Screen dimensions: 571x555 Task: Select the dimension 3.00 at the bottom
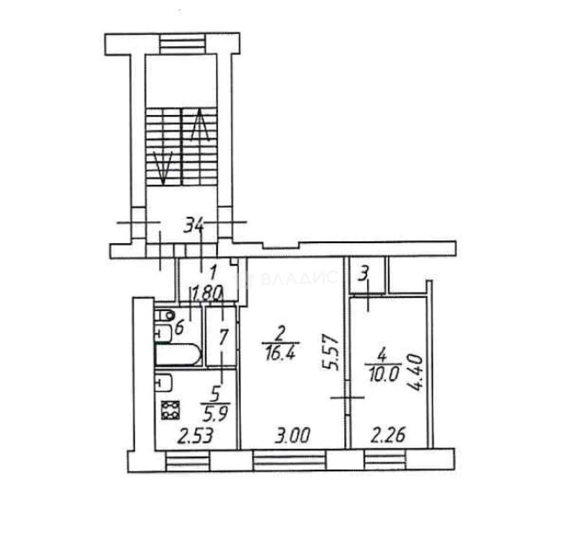(x=292, y=436)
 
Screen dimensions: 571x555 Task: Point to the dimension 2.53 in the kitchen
(x=195, y=436)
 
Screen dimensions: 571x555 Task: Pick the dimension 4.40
(x=416, y=373)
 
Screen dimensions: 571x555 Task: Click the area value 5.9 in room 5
(x=215, y=414)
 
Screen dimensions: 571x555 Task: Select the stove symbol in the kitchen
(x=171, y=411)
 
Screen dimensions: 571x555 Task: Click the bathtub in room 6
(x=178, y=355)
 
